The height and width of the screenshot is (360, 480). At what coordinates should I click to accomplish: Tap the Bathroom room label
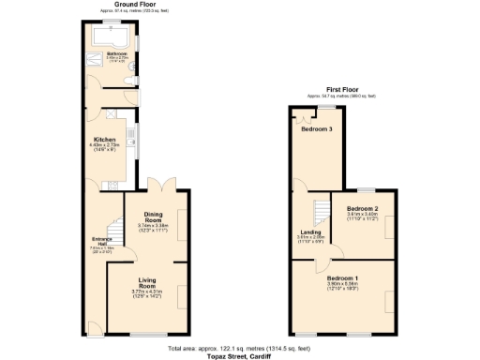pyautogui.click(x=116, y=54)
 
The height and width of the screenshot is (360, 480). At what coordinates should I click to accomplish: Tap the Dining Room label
pyautogui.click(x=152, y=218)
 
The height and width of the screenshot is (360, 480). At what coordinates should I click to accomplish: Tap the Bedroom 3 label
pyautogui.click(x=317, y=129)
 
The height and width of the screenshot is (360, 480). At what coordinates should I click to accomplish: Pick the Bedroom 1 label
pyautogui.click(x=342, y=278)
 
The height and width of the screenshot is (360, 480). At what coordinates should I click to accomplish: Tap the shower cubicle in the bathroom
pyautogui.click(x=98, y=54)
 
